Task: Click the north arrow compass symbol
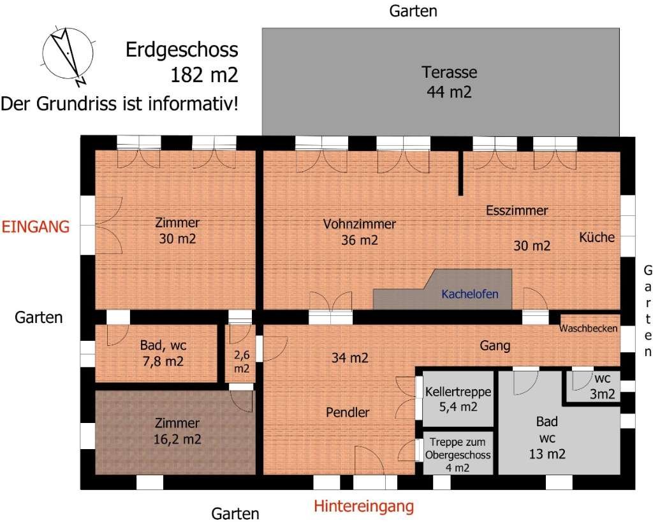pyautogui.click(x=68, y=54)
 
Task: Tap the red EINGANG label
pyautogui.click(x=36, y=227)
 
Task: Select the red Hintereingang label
pyautogui.click(x=363, y=506)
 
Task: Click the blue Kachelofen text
pyautogui.click(x=470, y=294)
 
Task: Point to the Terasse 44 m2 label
pyautogui.click(x=449, y=82)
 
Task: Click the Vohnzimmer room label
pyautogui.click(x=360, y=224)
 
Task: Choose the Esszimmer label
pyautogui.click(x=517, y=210)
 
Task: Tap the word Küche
pyautogui.click(x=597, y=237)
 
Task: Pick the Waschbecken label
pyautogui.click(x=588, y=328)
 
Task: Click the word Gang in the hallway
pyautogui.click(x=495, y=346)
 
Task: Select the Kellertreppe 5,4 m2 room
pyautogui.click(x=458, y=399)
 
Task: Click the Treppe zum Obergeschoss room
pyautogui.click(x=458, y=454)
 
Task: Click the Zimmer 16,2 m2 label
pyautogui.click(x=177, y=431)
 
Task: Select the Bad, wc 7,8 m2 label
pyautogui.click(x=163, y=353)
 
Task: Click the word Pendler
pyautogui.click(x=348, y=412)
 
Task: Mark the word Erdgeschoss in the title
pyautogui.click(x=182, y=50)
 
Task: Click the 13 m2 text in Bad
pyautogui.click(x=547, y=454)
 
